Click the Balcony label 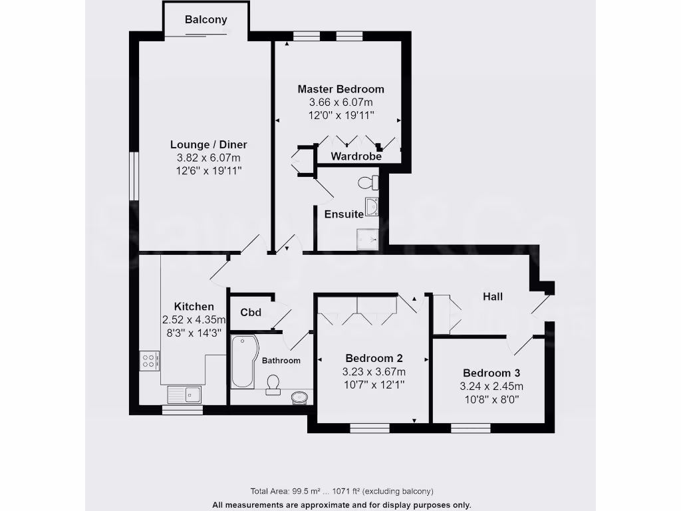(x=205, y=19)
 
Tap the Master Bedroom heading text (x=340, y=89)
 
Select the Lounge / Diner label (x=208, y=144)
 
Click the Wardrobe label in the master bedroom (x=356, y=157)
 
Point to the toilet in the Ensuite (x=366, y=182)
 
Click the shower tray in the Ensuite (x=368, y=238)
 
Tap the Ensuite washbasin (x=371, y=207)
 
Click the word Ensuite (x=344, y=214)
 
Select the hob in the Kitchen (x=149, y=361)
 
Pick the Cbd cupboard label (x=250, y=312)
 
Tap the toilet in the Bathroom (x=273, y=383)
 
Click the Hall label (x=493, y=297)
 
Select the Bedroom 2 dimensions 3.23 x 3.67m (x=374, y=372)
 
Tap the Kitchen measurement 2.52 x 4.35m (x=194, y=319)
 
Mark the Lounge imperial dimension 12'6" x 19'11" (x=208, y=170)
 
